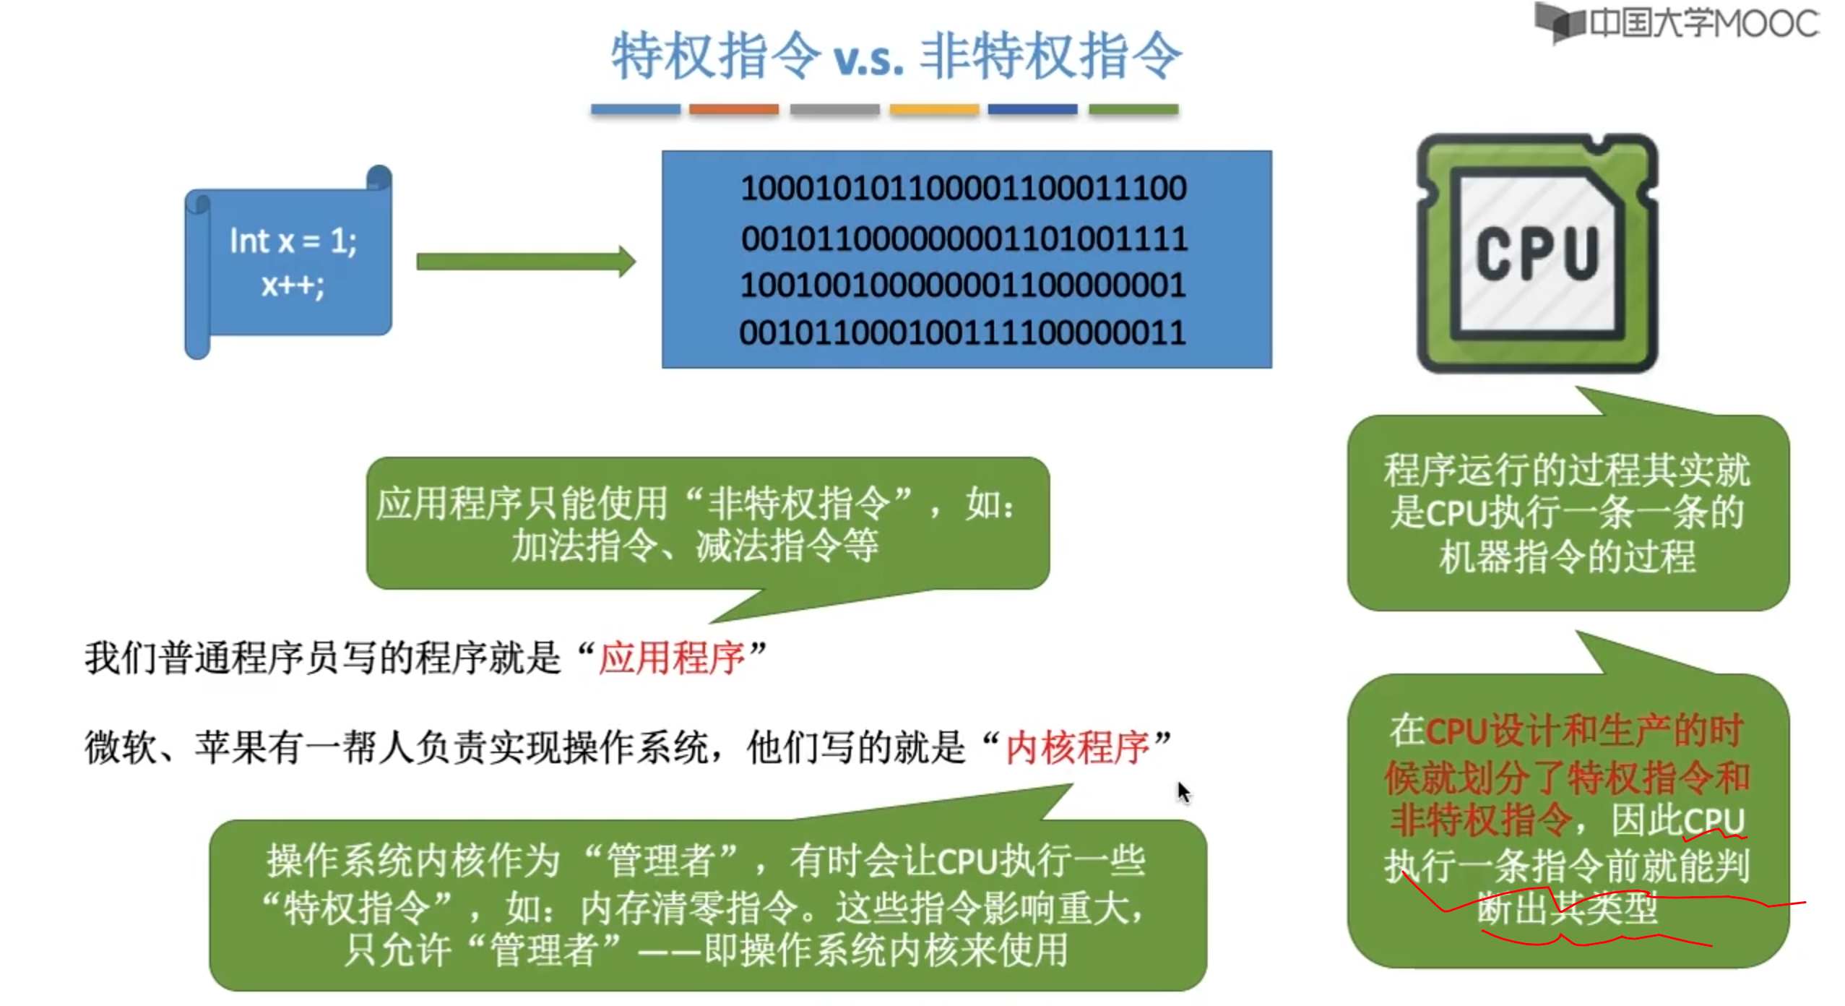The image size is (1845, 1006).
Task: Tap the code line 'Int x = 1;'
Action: pyautogui.click(x=293, y=241)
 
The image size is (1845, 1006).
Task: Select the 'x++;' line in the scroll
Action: pyautogui.click(x=293, y=285)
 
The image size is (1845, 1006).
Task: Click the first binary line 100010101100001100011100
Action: pyautogui.click(x=963, y=189)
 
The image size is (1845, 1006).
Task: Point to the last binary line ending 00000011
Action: pyautogui.click(x=963, y=333)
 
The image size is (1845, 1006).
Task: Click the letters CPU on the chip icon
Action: pyautogui.click(x=1537, y=253)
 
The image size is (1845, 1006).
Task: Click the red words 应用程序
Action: pyautogui.click(x=671, y=658)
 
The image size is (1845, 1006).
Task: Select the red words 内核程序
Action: pyautogui.click(x=1076, y=747)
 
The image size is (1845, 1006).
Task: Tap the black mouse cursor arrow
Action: pyautogui.click(x=1183, y=792)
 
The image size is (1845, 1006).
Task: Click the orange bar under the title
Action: pyautogui.click(x=733, y=109)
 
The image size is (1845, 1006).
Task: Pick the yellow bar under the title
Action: pyautogui.click(x=933, y=109)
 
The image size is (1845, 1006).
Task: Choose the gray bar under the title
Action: pyautogui.click(x=834, y=109)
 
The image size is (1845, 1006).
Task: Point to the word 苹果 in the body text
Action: pyautogui.click(x=230, y=747)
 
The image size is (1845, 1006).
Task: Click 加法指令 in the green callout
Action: pyautogui.click(x=584, y=546)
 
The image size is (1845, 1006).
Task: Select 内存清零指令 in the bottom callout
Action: pyautogui.click(x=689, y=908)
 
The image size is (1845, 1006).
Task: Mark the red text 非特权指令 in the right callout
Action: pyautogui.click(x=1481, y=820)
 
